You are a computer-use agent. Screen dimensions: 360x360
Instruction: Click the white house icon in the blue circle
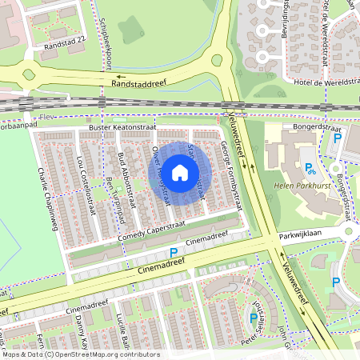pos(180,172)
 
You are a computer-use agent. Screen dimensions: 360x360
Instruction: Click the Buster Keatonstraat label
pos(122,127)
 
